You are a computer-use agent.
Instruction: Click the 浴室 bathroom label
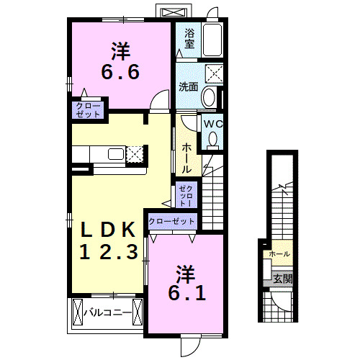pyautogui.click(x=189, y=38)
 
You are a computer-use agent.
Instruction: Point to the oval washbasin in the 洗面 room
pyautogui.click(x=210, y=96)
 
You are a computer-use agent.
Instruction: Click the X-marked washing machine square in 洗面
pyautogui.click(x=213, y=72)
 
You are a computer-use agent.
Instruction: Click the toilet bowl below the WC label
pyautogui.click(x=212, y=141)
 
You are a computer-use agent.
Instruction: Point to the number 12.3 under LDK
pyautogui.click(x=107, y=253)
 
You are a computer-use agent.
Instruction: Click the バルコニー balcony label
pyautogui.click(x=109, y=313)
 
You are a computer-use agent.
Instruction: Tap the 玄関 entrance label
pyautogui.click(x=282, y=279)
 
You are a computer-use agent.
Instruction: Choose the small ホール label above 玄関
pyautogui.click(x=279, y=255)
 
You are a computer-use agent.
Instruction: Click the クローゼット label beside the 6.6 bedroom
pyautogui.click(x=87, y=110)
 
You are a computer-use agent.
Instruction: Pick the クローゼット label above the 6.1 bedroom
pyautogui.click(x=172, y=222)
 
